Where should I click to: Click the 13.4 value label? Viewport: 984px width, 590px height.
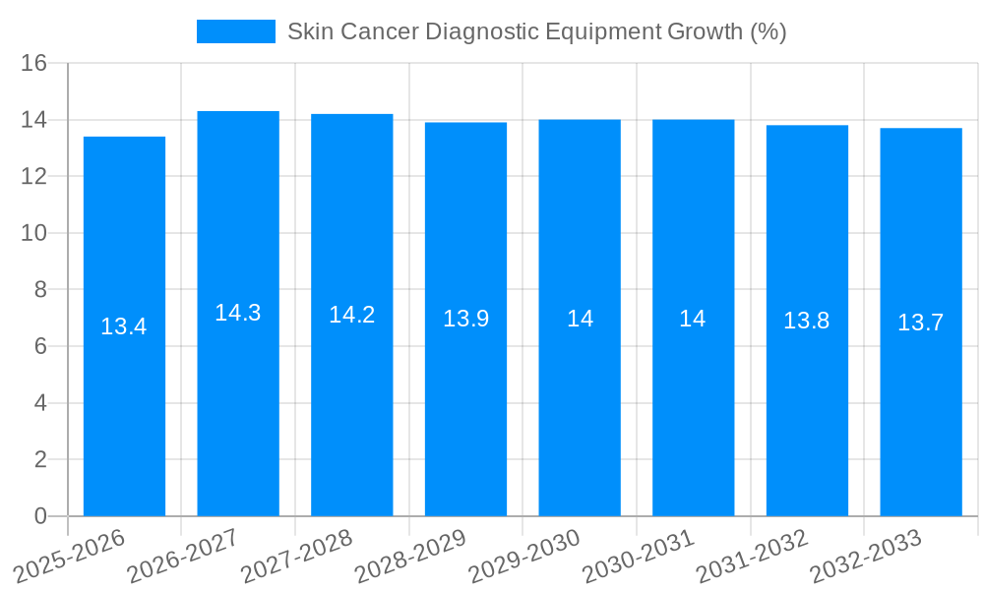[124, 326]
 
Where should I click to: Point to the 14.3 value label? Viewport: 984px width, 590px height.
[238, 313]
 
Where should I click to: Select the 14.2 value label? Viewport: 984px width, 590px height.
[352, 315]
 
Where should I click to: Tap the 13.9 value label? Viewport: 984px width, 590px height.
[465, 319]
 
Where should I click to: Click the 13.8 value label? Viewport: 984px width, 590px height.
[807, 320]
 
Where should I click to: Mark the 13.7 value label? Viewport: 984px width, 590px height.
[921, 322]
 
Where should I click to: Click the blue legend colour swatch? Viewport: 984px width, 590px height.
[236, 31]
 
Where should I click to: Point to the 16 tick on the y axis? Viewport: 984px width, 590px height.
[34, 63]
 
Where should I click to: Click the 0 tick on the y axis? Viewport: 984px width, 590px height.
[40, 516]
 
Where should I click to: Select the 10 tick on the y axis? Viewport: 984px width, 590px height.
[34, 233]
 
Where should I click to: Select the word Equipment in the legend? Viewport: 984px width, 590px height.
[603, 31]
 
